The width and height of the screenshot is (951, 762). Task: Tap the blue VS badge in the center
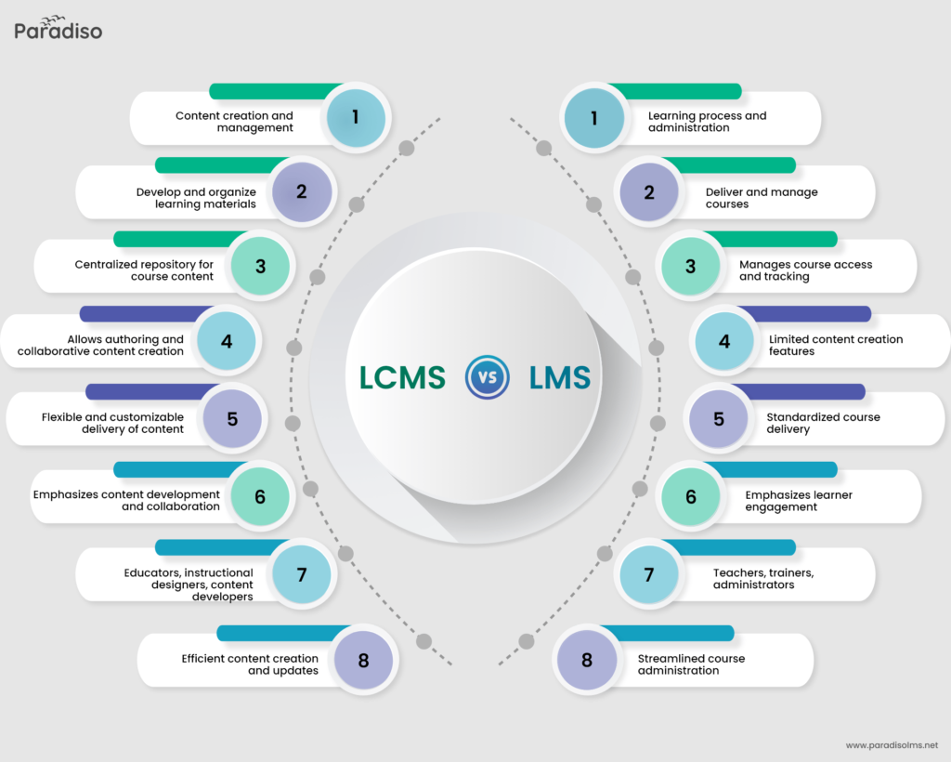pos(486,377)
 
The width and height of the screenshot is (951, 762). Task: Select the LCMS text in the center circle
pos(402,377)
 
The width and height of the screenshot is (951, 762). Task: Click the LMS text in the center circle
pos(559,377)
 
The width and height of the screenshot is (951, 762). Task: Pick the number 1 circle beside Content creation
pos(355,117)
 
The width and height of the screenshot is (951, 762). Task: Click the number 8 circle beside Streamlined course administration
pos(587,661)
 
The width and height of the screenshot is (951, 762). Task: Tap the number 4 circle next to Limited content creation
pos(724,341)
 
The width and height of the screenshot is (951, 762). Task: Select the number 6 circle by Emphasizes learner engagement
pos(691,497)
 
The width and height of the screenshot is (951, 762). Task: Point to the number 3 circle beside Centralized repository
pos(260,267)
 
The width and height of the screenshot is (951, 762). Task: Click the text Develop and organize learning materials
pos(196,198)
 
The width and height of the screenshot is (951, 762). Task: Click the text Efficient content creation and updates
pos(250,664)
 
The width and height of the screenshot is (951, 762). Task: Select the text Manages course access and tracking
pos(805,270)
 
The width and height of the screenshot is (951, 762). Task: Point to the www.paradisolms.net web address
pos(892,744)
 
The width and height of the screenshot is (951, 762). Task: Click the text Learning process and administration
pos(707,122)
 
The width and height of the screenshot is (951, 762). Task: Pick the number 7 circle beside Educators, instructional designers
pos(302,575)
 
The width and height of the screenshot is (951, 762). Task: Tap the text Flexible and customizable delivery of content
pos(112,423)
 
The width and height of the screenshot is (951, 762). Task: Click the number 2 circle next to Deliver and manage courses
pos(649,192)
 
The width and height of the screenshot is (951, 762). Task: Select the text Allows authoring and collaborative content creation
pos(100,345)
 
